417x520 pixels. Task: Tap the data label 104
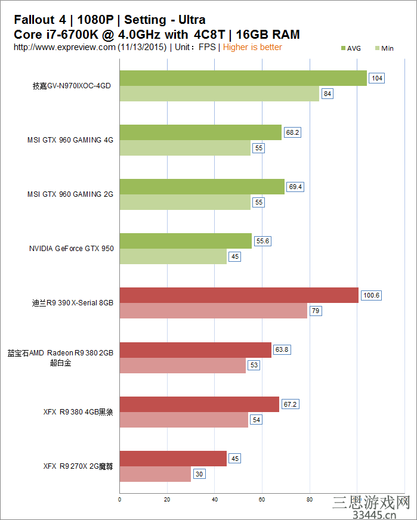click(376, 78)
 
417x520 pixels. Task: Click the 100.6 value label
click(371, 295)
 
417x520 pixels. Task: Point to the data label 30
click(199, 474)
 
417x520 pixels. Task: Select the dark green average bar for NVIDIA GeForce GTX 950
click(186, 241)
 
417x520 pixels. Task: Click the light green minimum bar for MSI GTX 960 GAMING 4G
click(185, 148)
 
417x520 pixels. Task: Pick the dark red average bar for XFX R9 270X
click(173, 459)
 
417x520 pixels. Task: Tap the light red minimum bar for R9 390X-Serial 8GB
click(214, 311)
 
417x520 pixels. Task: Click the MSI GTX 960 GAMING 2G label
click(70, 194)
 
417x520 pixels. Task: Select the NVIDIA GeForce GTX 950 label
click(71, 249)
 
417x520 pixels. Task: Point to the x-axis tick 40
click(215, 499)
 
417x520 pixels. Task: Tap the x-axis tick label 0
click(120, 499)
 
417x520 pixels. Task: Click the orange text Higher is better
click(252, 47)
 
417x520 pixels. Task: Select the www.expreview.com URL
click(64, 47)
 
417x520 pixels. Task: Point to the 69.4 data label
click(295, 187)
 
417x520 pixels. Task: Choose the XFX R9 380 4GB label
click(78, 412)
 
